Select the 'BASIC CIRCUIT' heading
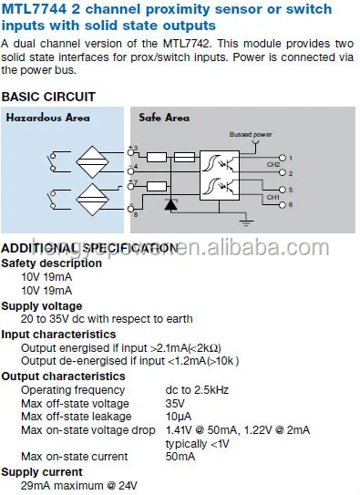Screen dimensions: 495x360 [47, 96]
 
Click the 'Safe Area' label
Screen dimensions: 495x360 [164, 118]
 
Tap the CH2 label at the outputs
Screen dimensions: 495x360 [273, 164]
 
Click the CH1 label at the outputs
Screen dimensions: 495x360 [273, 196]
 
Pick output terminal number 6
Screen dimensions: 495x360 [290, 205]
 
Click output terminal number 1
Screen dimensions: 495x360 [290, 157]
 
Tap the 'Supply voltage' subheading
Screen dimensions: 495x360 [41, 306]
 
